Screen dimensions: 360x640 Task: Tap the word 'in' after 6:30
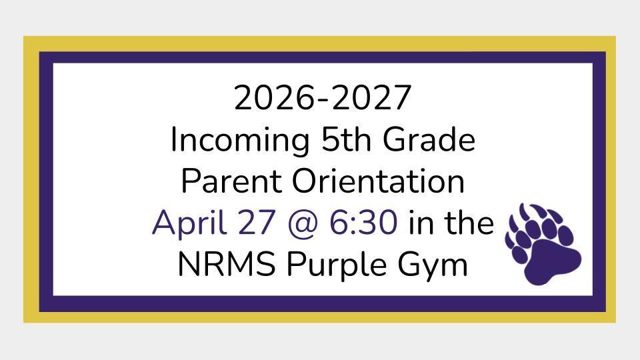pyautogui.click(x=420, y=223)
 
